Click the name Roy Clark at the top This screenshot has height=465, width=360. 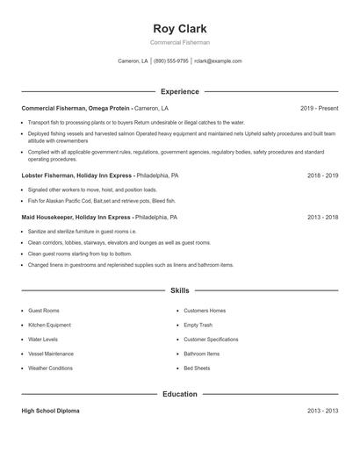pyautogui.click(x=179, y=28)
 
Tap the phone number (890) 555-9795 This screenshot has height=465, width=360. pyautogui.click(x=170, y=61)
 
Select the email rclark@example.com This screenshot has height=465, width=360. pyautogui.click(x=218, y=61)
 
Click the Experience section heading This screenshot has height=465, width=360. pyautogui.click(x=179, y=91)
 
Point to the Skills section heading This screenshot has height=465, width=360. pyautogui.click(x=179, y=290)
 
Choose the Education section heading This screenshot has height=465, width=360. pyautogui.click(x=179, y=394)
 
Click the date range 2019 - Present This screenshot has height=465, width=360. pyautogui.click(x=319, y=108)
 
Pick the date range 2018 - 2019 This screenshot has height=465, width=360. pyautogui.click(x=322, y=175)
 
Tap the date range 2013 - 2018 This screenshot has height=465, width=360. pyautogui.click(x=322, y=217)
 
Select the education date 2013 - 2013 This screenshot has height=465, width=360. pyautogui.click(x=322, y=411)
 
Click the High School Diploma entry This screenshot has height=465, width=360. pyautogui.click(x=51, y=411)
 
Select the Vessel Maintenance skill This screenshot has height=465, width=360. pyautogui.click(x=50, y=354)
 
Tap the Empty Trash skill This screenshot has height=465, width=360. pyautogui.click(x=198, y=325)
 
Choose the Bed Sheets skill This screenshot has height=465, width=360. pyautogui.click(x=197, y=368)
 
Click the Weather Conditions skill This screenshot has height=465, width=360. pyautogui.click(x=50, y=368)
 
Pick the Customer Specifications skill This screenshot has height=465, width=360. pyautogui.click(x=211, y=339)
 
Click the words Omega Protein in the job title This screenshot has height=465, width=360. pyautogui.click(x=109, y=108)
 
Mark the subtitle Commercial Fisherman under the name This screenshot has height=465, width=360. pyautogui.click(x=179, y=42)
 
